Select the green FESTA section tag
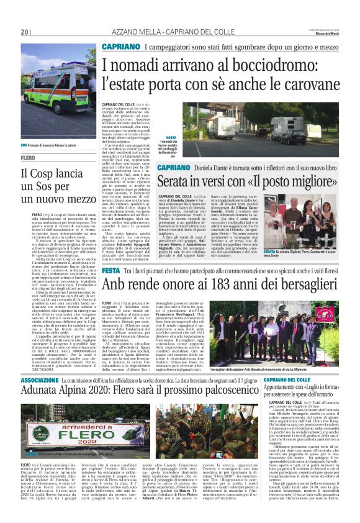[x=111, y=270]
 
